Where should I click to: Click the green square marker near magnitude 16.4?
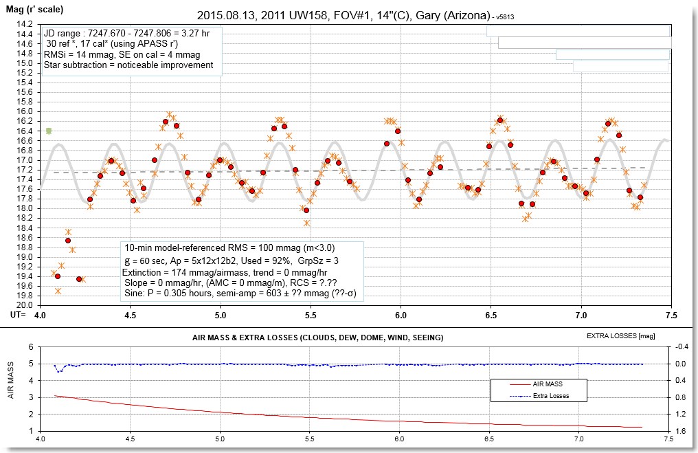click(x=49, y=131)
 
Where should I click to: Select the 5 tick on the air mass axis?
click(x=30, y=347)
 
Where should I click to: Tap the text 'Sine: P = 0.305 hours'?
click(x=179, y=293)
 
